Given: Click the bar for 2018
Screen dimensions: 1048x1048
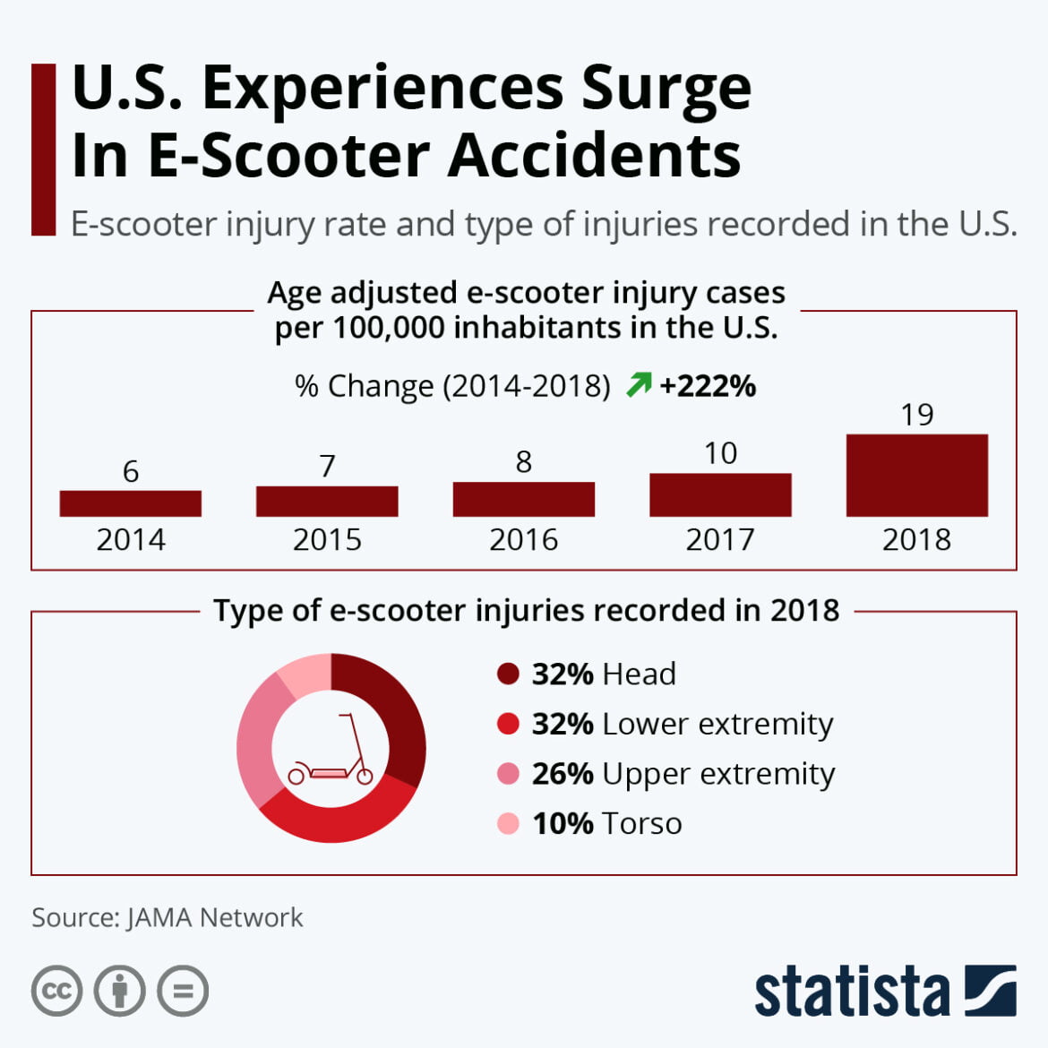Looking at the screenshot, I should pyautogui.click(x=916, y=476).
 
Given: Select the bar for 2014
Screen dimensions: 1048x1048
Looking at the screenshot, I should pyautogui.click(x=131, y=503).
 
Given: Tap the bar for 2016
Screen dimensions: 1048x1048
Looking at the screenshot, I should pyautogui.click(x=523, y=499).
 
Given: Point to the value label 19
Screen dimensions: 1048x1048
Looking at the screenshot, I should pyautogui.click(x=916, y=415).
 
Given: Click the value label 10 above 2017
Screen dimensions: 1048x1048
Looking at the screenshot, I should pyautogui.click(x=720, y=453).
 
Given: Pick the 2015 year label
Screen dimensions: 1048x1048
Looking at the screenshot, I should pyautogui.click(x=327, y=540).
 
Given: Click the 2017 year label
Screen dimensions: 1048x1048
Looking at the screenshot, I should pyautogui.click(x=720, y=540).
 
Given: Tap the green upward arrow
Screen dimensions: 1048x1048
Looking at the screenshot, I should pyautogui.click(x=639, y=385).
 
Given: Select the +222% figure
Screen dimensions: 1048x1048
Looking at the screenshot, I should pyautogui.click(x=708, y=386).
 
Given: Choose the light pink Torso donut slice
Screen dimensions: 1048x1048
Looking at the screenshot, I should pyautogui.click(x=305, y=674).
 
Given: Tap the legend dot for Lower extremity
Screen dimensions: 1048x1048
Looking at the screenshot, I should pyautogui.click(x=508, y=724).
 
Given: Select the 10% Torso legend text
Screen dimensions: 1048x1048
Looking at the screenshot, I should pyautogui.click(x=606, y=823).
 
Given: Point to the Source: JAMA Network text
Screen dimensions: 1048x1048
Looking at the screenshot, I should pyautogui.click(x=168, y=917).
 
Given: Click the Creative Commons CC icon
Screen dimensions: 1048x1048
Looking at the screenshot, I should pyautogui.click(x=57, y=991).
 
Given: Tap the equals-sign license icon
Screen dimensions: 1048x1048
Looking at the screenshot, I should pyautogui.click(x=183, y=991).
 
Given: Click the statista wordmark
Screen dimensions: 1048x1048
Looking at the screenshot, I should pyautogui.click(x=851, y=992).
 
